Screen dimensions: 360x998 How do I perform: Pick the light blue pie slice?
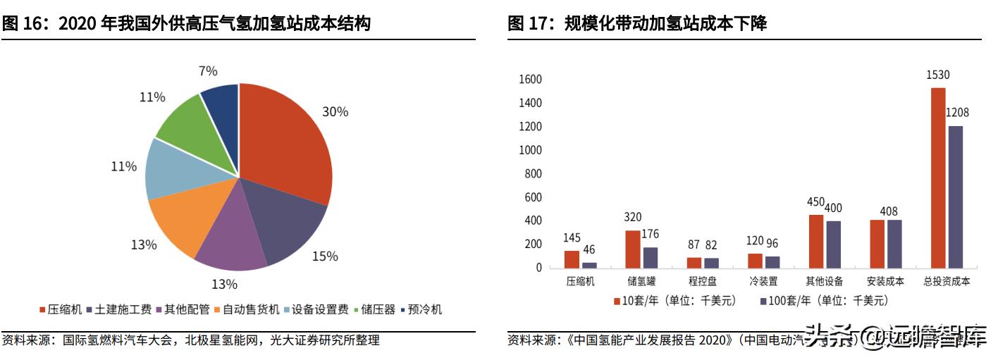169,169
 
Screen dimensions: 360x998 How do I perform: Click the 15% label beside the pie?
325,256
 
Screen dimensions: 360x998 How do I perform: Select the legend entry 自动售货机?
247,309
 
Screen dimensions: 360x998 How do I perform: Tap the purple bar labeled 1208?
955,197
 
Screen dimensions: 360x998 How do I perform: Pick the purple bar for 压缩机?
589,265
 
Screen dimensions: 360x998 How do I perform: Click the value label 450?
815,202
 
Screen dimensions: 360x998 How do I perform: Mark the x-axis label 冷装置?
763,281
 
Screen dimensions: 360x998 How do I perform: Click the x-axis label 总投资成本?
947,281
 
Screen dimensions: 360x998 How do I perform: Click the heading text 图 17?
532,24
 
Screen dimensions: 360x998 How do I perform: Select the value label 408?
890,211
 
